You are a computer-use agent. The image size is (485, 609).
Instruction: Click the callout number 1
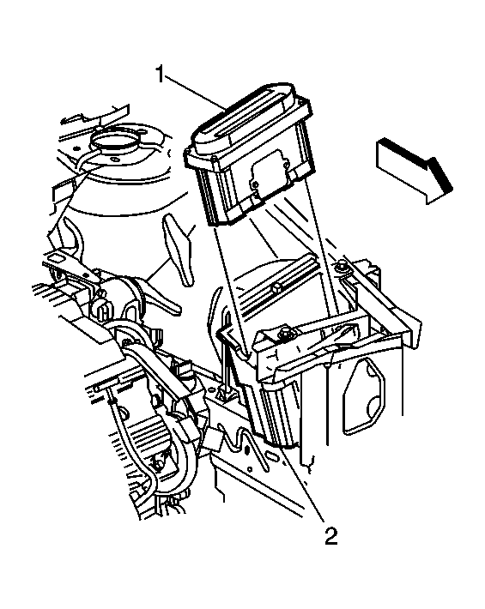(x=161, y=74)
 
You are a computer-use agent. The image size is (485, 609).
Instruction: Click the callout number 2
(x=330, y=535)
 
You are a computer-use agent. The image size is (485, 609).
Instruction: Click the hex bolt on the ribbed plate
(x=276, y=287)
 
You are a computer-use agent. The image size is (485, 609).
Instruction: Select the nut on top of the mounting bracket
(x=287, y=331)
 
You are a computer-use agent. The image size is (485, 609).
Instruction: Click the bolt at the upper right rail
(x=342, y=268)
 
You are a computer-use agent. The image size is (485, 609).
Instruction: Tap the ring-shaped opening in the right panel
(x=361, y=395)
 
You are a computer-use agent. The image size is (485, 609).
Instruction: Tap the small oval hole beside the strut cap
(x=114, y=160)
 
